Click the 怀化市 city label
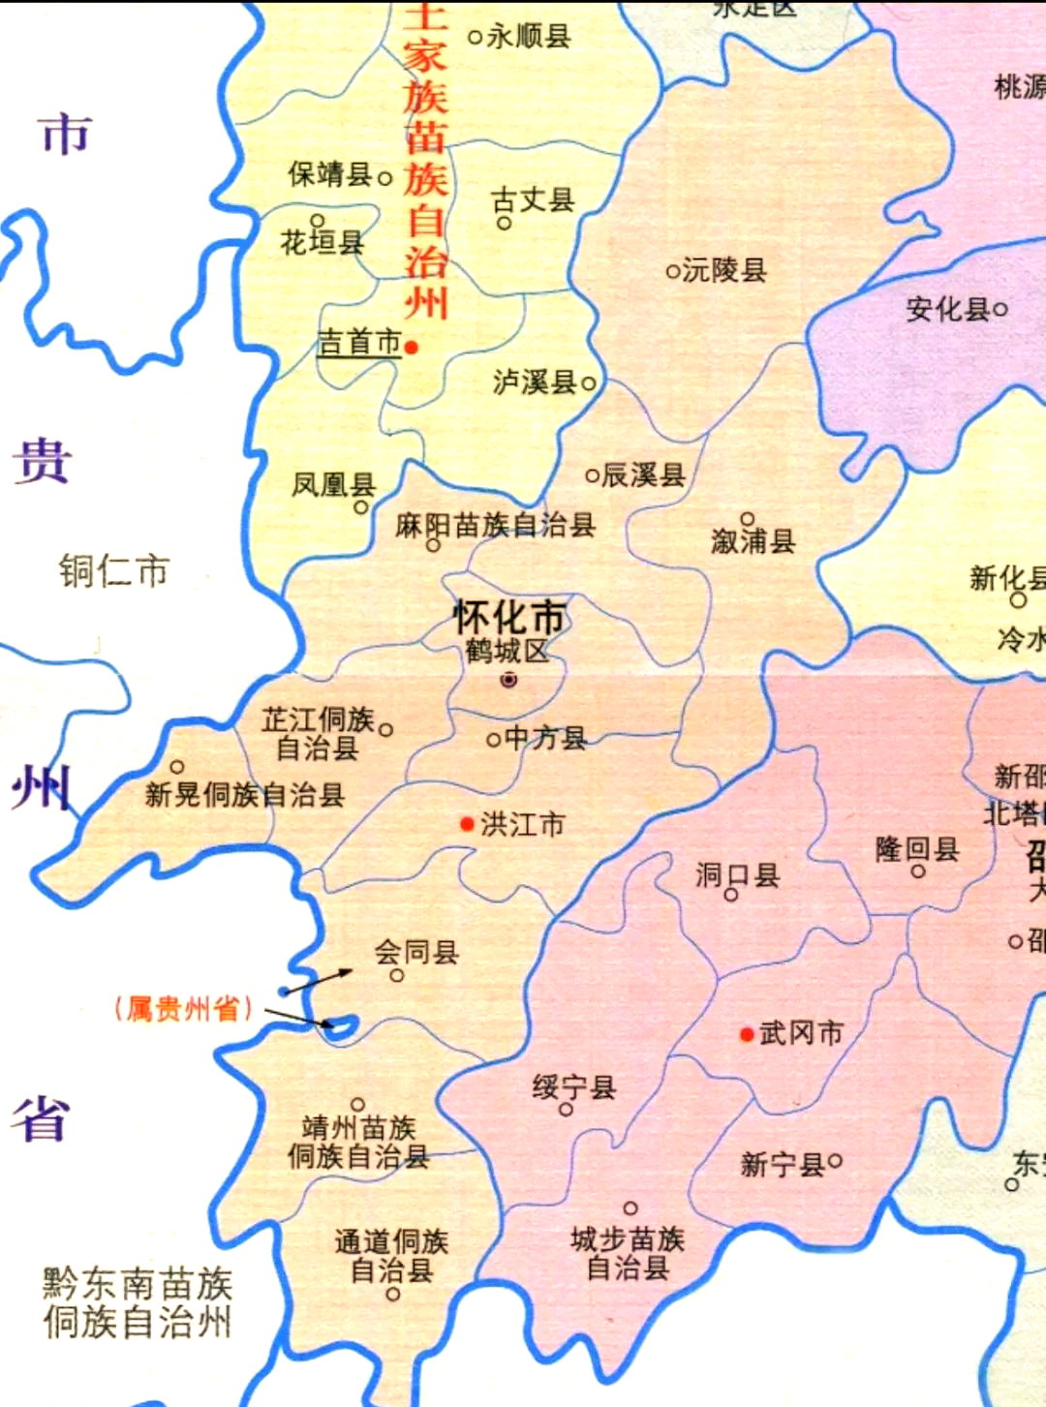pyautogui.click(x=509, y=618)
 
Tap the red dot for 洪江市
pyautogui.click(x=468, y=824)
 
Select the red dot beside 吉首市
pyautogui.click(x=412, y=347)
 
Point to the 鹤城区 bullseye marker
pyautogui.click(x=508, y=680)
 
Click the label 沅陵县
pyautogui.click(x=724, y=270)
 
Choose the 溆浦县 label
pyautogui.click(x=754, y=541)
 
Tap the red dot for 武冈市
pyautogui.click(x=747, y=1034)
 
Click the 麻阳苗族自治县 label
pyautogui.click(x=495, y=525)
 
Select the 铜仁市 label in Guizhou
pyautogui.click(x=113, y=570)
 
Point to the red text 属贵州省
pyautogui.click(x=183, y=1009)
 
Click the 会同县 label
pyautogui.click(x=416, y=952)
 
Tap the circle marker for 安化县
pyautogui.click(x=1000, y=310)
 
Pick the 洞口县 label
pyautogui.click(x=737, y=875)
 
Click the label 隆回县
pyautogui.click(x=917, y=849)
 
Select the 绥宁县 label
pyautogui.click(x=573, y=1087)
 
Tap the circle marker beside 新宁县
pyautogui.click(x=835, y=1160)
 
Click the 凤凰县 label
pyautogui.click(x=333, y=483)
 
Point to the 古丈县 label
pyautogui.click(x=533, y=199)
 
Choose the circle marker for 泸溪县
pyautogui.click(x=588, y=383)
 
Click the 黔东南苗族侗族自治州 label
pyautogui.click(x=138, y=1302)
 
